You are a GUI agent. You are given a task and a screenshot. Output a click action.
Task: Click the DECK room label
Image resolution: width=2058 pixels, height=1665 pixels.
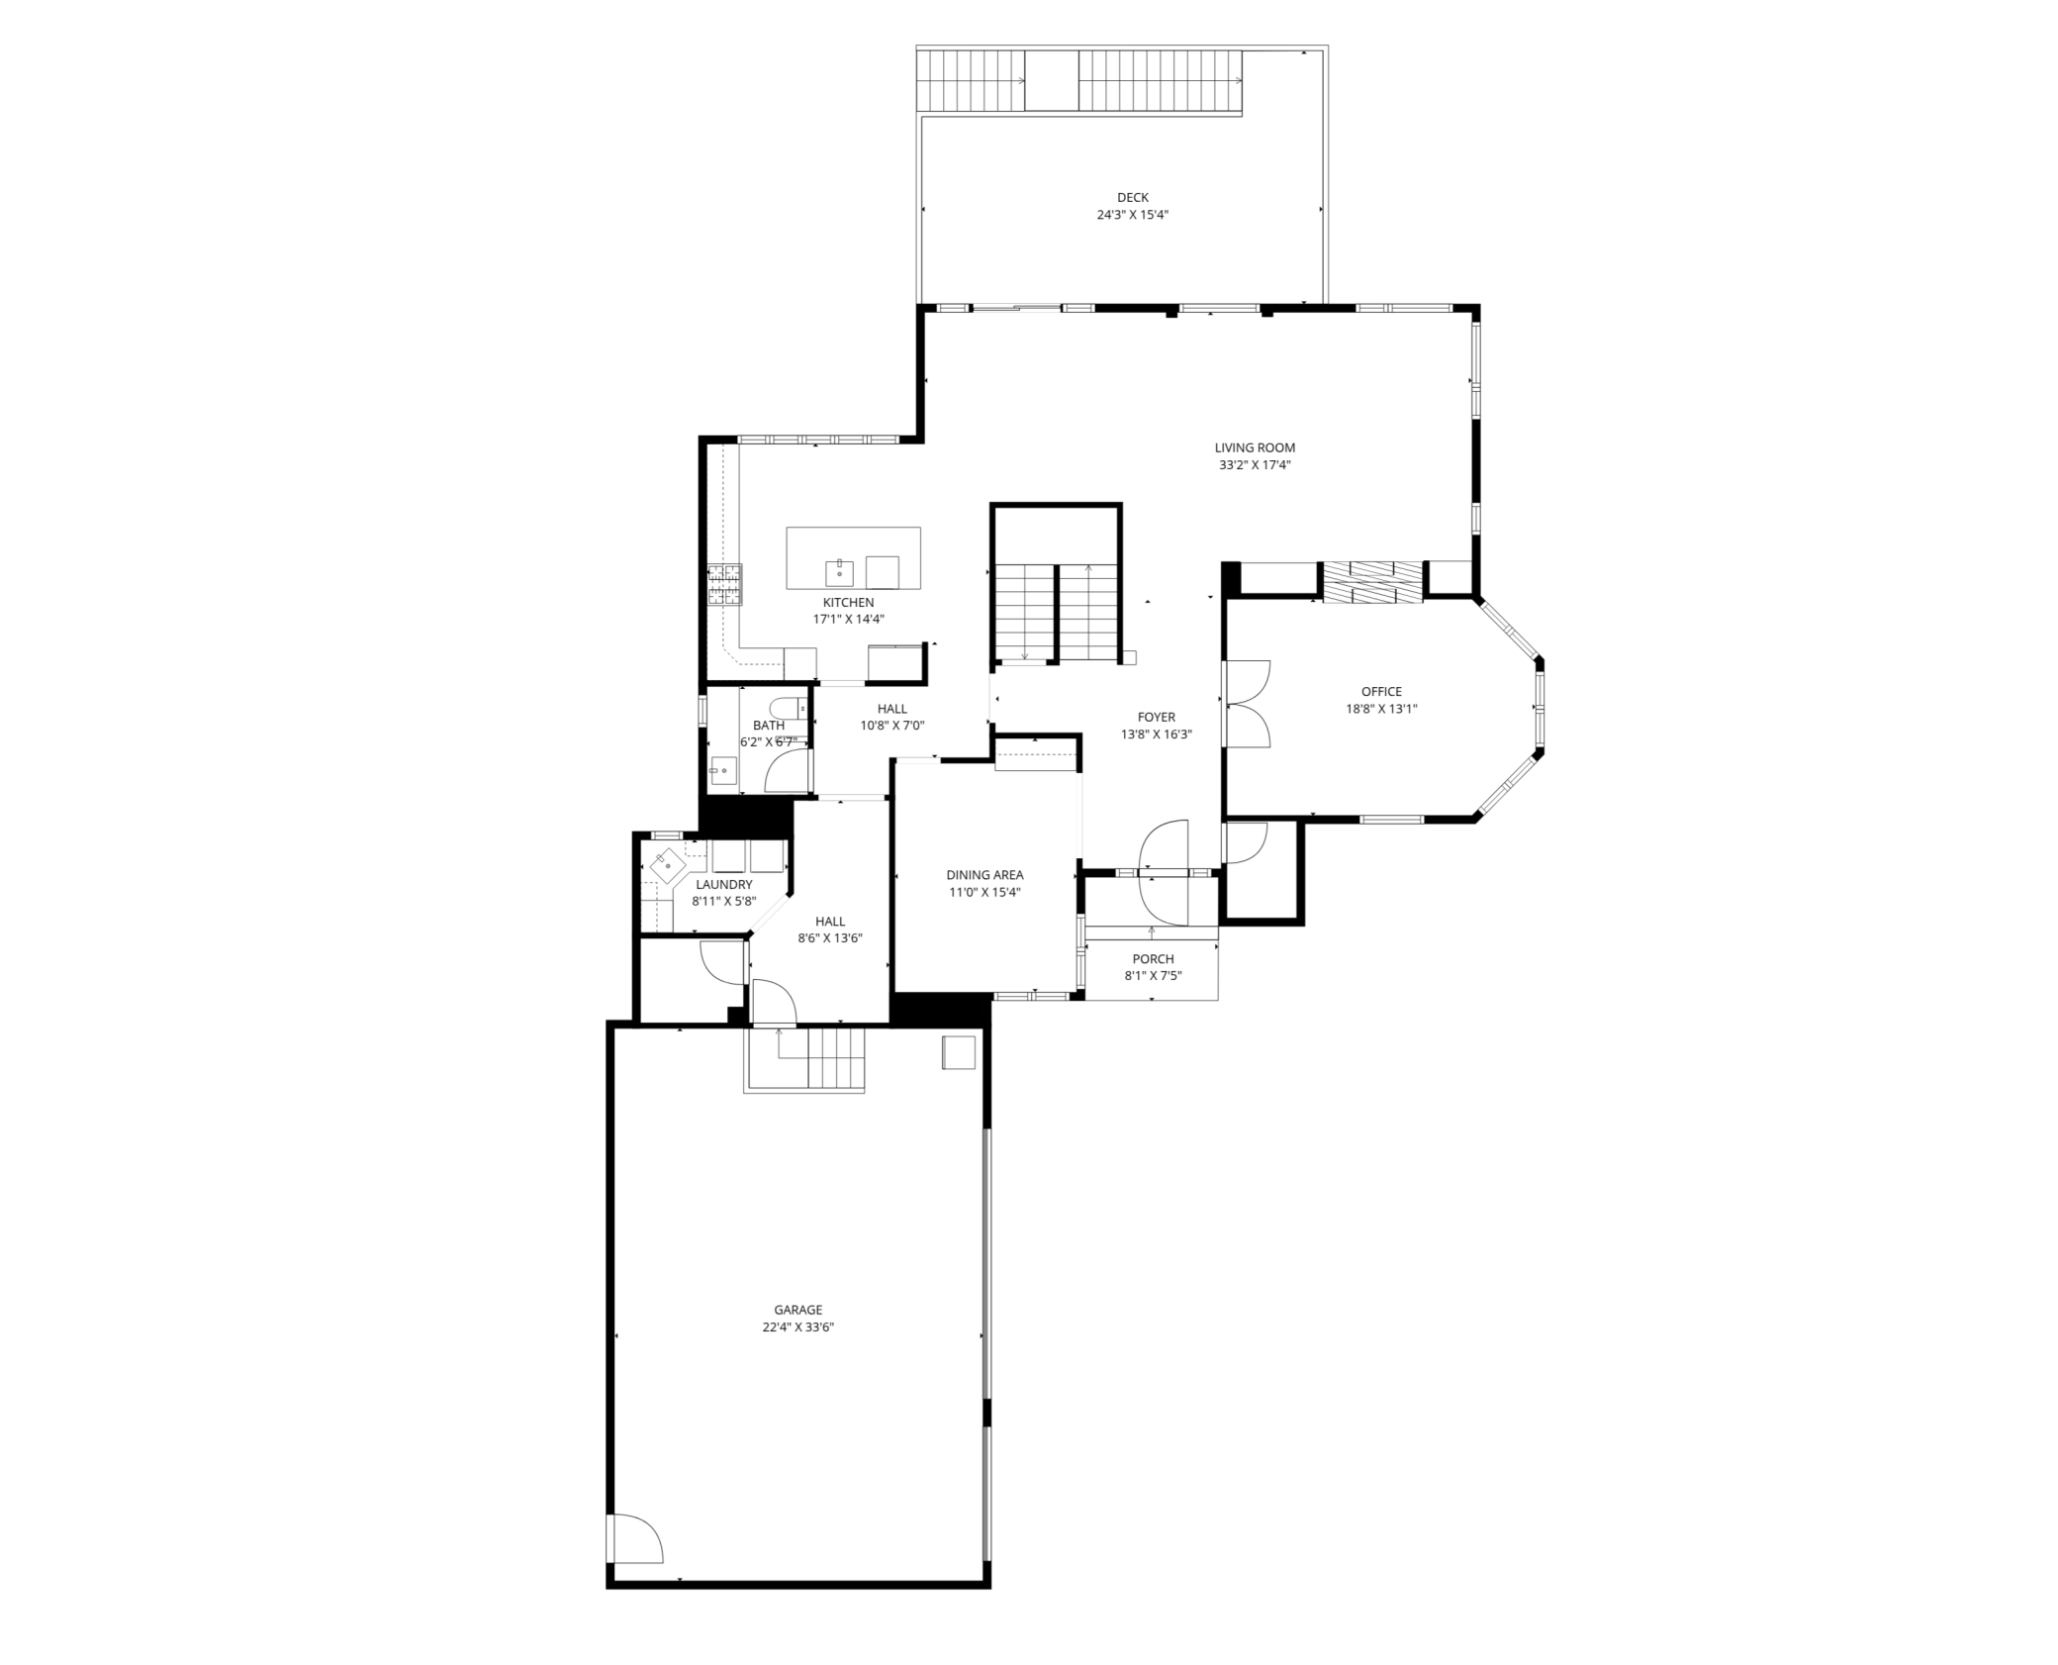1132,198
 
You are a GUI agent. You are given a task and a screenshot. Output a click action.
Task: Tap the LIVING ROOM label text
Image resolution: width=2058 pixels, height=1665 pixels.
1255,447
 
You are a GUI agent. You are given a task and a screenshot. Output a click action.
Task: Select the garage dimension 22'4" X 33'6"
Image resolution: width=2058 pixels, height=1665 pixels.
797,1327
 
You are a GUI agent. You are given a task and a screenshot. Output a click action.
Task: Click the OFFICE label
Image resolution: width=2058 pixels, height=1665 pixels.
1381,692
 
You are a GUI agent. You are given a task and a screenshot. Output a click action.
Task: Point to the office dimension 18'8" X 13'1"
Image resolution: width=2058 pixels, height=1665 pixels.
1381,709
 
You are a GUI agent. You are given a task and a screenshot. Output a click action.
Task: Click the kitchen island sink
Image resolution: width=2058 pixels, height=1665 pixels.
839,572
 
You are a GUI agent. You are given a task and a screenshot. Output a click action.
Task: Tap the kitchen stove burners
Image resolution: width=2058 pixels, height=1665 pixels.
724,585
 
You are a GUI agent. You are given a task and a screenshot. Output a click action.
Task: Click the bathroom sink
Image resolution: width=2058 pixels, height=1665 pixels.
723,769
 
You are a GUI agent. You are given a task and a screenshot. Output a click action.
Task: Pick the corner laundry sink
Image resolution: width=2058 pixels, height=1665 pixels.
668,864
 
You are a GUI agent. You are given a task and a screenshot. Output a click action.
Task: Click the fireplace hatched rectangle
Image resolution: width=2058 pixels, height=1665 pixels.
1372,582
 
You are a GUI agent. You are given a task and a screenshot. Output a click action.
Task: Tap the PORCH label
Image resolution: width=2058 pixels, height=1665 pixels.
1153,959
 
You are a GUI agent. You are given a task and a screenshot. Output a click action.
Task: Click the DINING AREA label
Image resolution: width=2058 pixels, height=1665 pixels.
984,875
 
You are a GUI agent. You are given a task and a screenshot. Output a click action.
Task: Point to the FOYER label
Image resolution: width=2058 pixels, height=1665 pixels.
1156,718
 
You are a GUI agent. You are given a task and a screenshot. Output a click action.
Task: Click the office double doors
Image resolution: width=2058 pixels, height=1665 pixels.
1246,704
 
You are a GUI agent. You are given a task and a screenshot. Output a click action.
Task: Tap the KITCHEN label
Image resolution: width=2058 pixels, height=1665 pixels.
848,603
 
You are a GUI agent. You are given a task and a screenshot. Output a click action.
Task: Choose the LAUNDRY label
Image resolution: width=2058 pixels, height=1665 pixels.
723,885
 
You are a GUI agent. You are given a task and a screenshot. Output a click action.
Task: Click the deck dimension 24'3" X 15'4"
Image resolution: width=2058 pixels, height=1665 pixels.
1132,215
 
